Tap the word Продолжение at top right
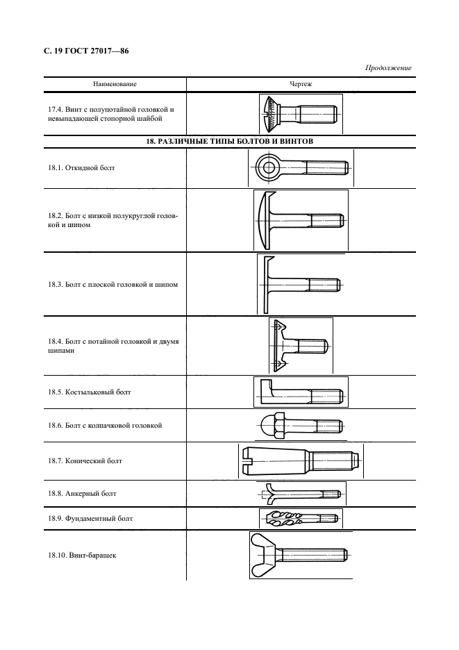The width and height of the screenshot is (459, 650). [388, 67]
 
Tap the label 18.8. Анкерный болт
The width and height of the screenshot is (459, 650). [78, 493]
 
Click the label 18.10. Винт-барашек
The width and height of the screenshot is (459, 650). [78, 556]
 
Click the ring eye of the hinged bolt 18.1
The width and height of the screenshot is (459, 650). [267, 167]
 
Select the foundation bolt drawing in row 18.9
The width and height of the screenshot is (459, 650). [299, 518]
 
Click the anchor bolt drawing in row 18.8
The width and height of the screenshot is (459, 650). [299, 493]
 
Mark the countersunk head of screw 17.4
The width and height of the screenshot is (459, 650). [272, 113]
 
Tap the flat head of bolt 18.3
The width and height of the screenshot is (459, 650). [264, 283]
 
